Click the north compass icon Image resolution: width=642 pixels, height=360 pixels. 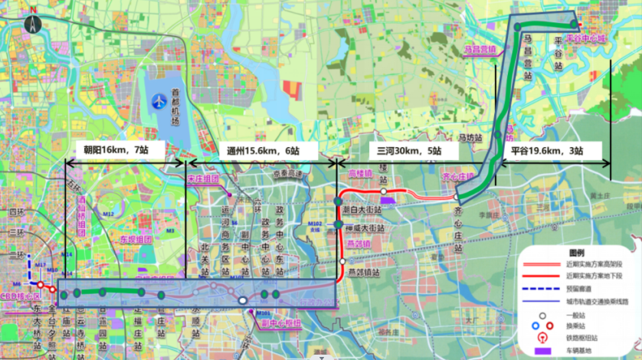point(33,21)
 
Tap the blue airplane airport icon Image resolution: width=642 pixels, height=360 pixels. point(159,100)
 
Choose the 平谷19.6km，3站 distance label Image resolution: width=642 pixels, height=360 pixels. point(547,151)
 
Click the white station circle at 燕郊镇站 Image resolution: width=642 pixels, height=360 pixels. point(342,261)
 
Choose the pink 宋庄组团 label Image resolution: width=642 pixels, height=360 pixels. point(203,178)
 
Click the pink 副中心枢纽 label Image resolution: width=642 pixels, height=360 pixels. point(281,322)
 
